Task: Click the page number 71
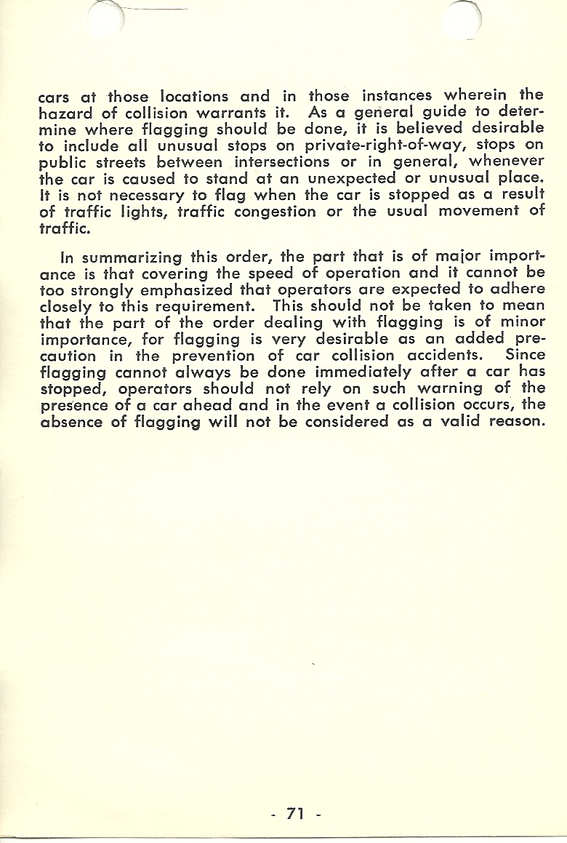click(294, 813)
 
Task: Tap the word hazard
click(65, 113)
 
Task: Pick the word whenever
click(506, 161)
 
